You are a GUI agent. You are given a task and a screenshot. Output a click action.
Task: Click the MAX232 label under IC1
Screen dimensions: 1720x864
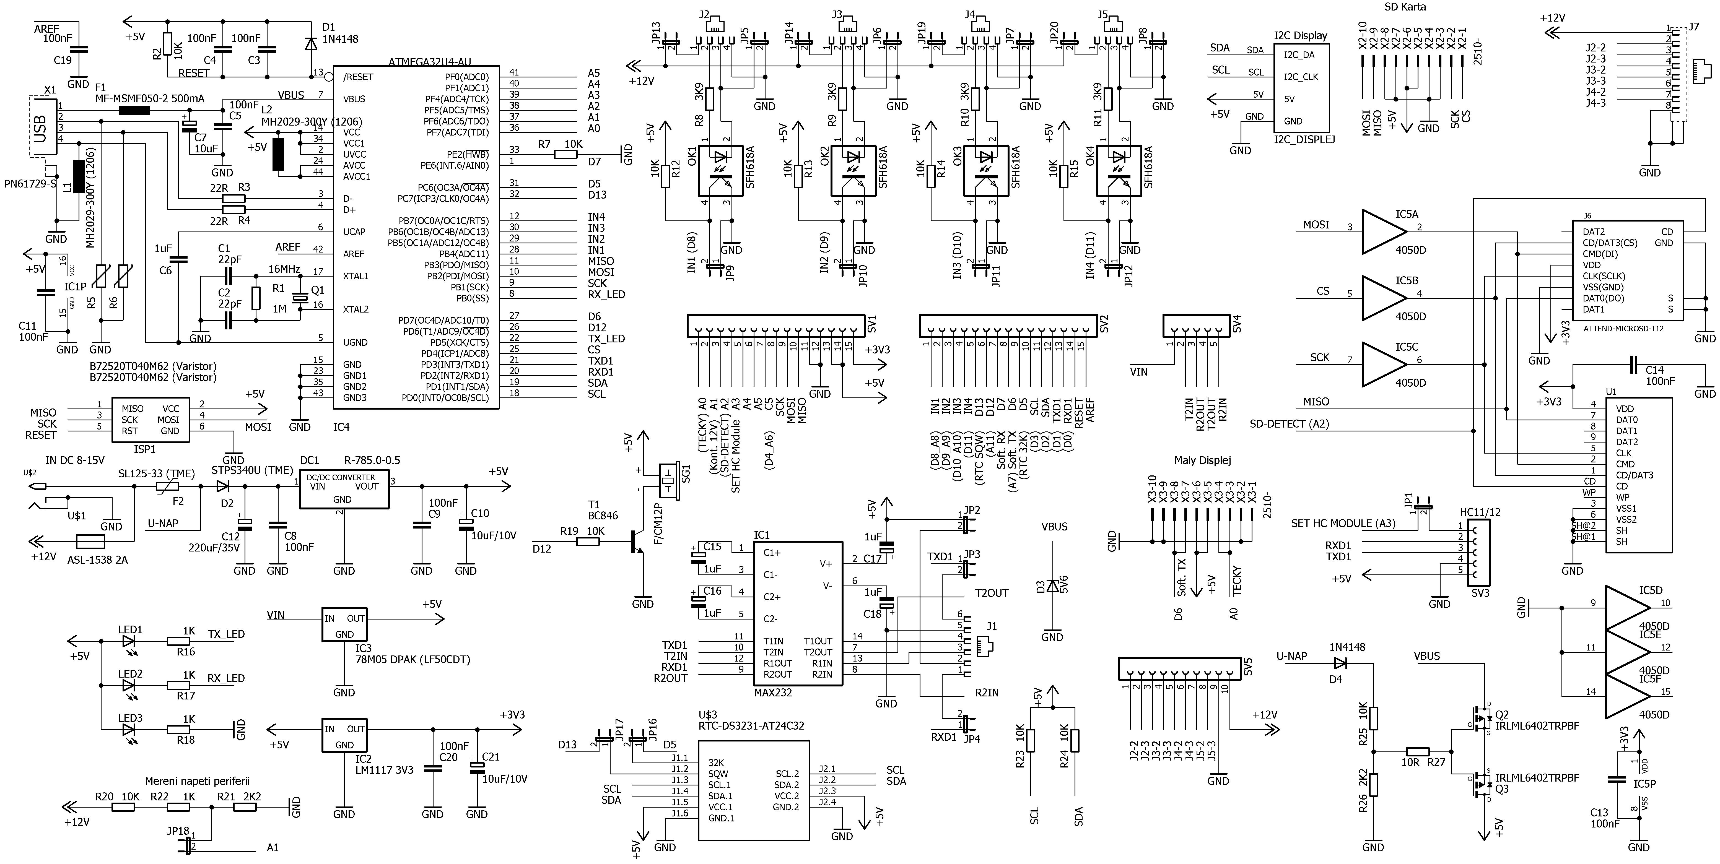[772, 693]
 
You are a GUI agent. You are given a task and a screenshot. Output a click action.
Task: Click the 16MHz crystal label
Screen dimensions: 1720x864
[284, 269]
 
